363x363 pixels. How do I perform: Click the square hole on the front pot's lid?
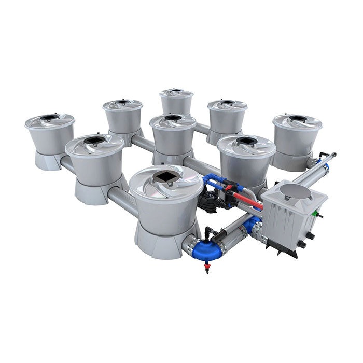[166, 178]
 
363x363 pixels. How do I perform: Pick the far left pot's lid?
[49, 120]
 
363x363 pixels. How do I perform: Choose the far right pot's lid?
[298, 121]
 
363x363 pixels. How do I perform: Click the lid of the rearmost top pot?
[176, 93]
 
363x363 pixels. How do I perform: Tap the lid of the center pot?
[173, 121]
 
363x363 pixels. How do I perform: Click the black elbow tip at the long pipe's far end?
[332, 154]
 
